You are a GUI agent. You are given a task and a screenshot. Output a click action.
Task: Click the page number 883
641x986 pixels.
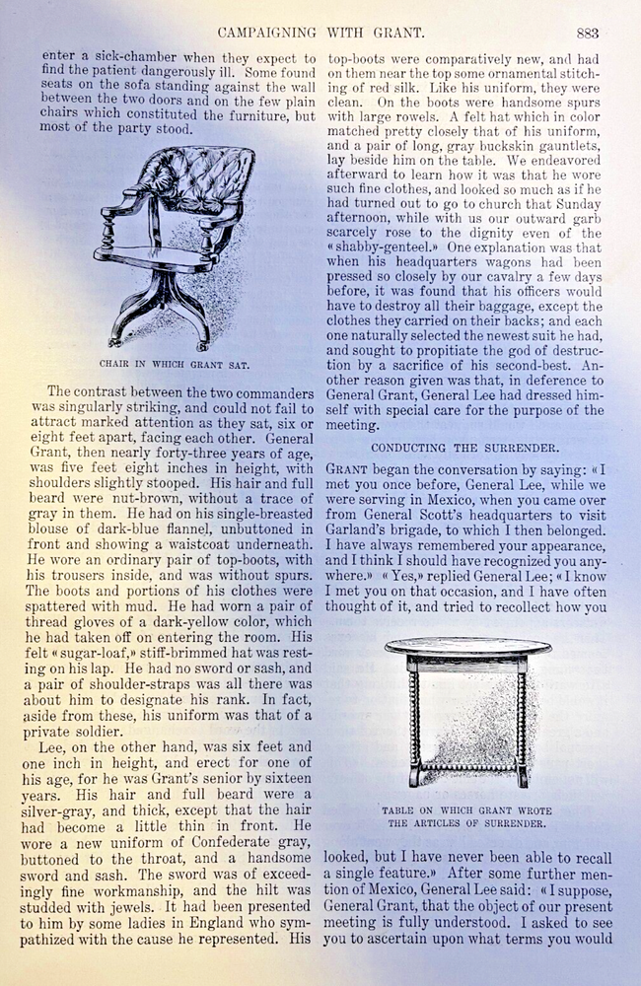(x=588, y=33)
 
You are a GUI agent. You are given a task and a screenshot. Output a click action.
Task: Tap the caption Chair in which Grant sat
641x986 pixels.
(x=173, y=363)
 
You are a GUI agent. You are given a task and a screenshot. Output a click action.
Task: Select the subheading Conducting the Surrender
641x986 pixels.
(x=462, y=447)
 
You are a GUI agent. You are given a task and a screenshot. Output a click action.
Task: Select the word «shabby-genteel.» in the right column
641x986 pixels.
(x=384, y=249)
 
